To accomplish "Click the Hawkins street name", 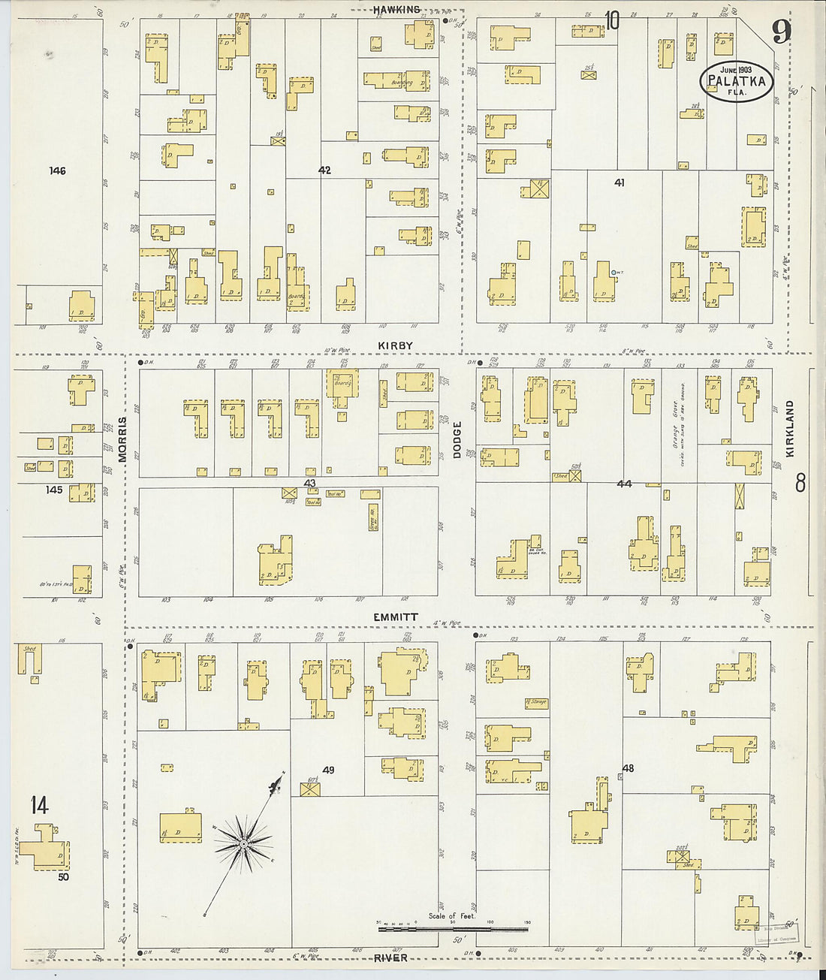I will click(396, 10).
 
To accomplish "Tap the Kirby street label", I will click(395, 345).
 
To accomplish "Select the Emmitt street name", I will click(396, 617).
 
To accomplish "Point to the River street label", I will click(390, 957).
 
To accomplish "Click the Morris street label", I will click(122, 439).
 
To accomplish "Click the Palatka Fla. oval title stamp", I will click(736, 82).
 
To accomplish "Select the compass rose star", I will click(243, 844).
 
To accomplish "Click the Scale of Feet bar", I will click(453, 929).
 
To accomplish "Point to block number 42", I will click(324, 170).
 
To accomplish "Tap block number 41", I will click(619, 182).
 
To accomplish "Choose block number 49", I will click(328, 770).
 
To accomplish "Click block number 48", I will click(628, 767).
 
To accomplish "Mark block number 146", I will click(57, 170).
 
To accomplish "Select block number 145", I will click(54, 490).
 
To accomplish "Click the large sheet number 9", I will click(781, 32).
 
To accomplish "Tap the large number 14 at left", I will click(39, 806).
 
